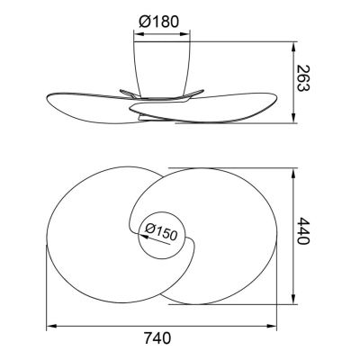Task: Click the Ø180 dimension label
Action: click(x=159, y=22)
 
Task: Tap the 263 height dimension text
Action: click(x=302, y=78)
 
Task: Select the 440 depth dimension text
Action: click(x=302, y=231)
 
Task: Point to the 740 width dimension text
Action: click(x=157, y=338)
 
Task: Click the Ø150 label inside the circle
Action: click(x=161, y=232)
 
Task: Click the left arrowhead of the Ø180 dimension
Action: click(x=139, y=34)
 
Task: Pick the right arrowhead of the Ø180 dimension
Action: click(x=185, y=34)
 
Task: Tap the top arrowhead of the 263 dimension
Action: click(x=293, y=47)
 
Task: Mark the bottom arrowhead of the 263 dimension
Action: click(x=293, y=118)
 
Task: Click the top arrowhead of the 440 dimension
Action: click(x=294, y=173)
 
